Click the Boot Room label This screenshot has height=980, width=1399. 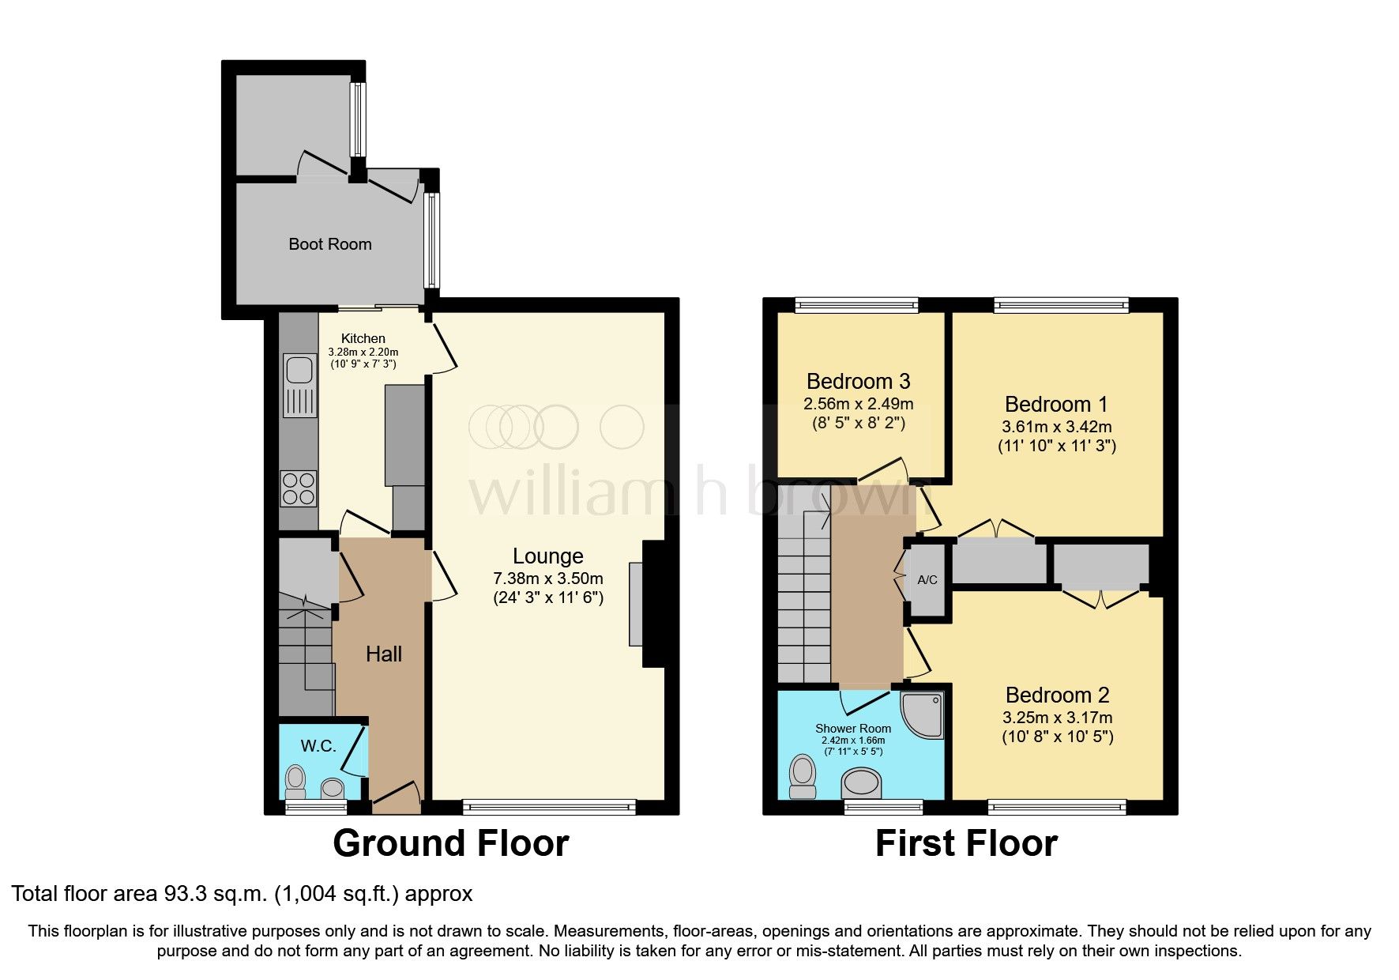[x=329, y=244]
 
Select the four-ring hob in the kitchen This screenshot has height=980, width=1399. [x=298, y=488]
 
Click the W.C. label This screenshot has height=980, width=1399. [x=318, y=746]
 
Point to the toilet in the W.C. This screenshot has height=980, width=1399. [x=295, y=781]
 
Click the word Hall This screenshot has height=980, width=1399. [x=384, y=654]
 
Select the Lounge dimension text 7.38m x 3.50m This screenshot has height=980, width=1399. [x=547, y=579]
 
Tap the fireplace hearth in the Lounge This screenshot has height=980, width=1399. [x=636, y=604]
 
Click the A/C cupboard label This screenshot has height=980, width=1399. [x=927, y=580]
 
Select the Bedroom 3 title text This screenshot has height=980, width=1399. [x=858, y=382]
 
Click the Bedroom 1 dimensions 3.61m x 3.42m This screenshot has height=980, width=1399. [x=1056, y=427]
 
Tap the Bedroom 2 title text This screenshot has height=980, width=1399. [x=1057, y=695]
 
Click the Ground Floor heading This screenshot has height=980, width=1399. [x=450, y=843]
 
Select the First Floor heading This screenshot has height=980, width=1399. [x=965, y=843]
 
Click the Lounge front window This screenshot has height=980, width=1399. [x=549, y=807]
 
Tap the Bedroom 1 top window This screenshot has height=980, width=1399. [x=1061, y=305]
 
